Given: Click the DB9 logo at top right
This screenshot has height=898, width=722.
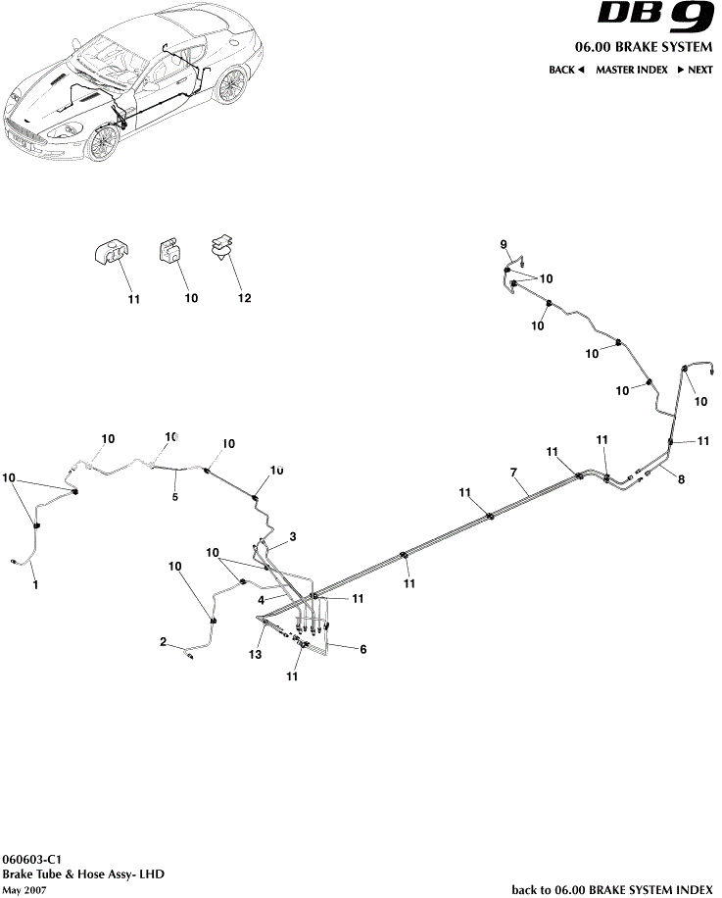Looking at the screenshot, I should coord(655,18).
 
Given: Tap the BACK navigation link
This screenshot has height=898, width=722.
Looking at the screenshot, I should coord(565,71).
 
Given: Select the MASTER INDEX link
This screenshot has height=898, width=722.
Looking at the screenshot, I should coord(631,71).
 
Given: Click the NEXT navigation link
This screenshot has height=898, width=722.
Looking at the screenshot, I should coord(695,71).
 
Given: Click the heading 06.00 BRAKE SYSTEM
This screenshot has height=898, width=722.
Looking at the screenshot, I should coord(643,48).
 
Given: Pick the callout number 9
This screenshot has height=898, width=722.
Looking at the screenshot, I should coord(504,243).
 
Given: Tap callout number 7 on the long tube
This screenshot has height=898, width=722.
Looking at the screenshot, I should coord(512,473).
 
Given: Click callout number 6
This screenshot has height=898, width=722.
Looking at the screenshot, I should coord(363,649).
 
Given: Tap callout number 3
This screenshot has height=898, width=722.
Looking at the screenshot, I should coord(292,536).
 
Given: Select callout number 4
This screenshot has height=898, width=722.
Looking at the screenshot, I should coord(262,598).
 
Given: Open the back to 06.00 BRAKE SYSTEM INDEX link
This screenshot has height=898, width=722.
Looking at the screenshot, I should coord(611,890).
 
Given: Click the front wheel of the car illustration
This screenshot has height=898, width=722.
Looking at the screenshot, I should coord(101,143).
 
